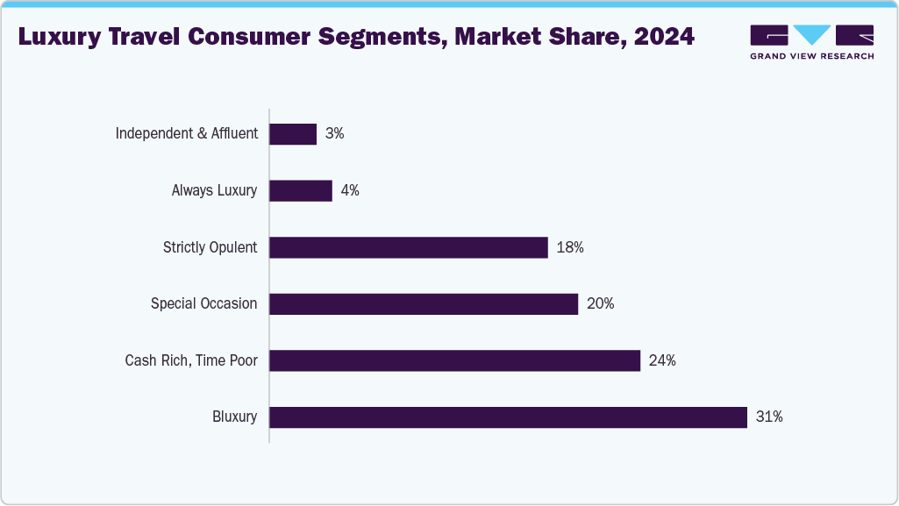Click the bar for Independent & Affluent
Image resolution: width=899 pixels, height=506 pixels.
coord(293,134)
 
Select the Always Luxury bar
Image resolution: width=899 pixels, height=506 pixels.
coord(301,190)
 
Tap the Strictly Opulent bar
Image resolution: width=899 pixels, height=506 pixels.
coord(409,247)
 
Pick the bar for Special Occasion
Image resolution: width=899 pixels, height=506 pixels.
coord(424,304)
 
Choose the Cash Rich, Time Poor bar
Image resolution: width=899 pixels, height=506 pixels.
coord(454,360)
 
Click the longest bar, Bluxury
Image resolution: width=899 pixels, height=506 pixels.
coord(508,417)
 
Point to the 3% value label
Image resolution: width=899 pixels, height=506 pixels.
coord(334,134)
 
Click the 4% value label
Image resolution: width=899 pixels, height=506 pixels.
coord(350,190)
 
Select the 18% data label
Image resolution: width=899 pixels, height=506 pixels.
coord(570,247)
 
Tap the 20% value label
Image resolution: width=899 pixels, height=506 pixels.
coord(600,304)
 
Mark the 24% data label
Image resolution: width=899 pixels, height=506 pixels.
coord(662,360)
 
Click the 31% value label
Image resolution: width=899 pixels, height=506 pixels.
coord(768,417)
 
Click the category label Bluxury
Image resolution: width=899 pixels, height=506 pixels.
coord(234,417)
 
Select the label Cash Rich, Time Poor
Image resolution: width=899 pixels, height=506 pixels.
coord(191,360)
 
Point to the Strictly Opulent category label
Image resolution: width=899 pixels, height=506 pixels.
coord(210,247)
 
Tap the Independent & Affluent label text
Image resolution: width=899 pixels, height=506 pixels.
coord(187,134)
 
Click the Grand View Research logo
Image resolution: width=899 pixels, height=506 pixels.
coord(811,42)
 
